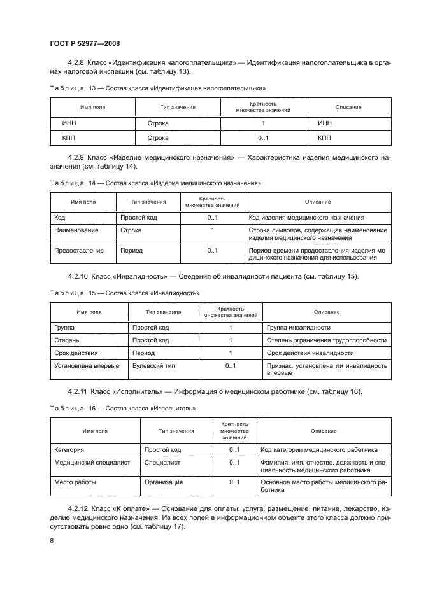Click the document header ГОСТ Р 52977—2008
(84, 43)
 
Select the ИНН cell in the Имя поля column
(69, 123)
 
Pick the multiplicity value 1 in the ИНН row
(263, 123)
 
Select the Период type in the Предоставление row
(131, 251)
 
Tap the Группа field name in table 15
(64, 327)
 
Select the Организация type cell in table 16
(164, 483)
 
